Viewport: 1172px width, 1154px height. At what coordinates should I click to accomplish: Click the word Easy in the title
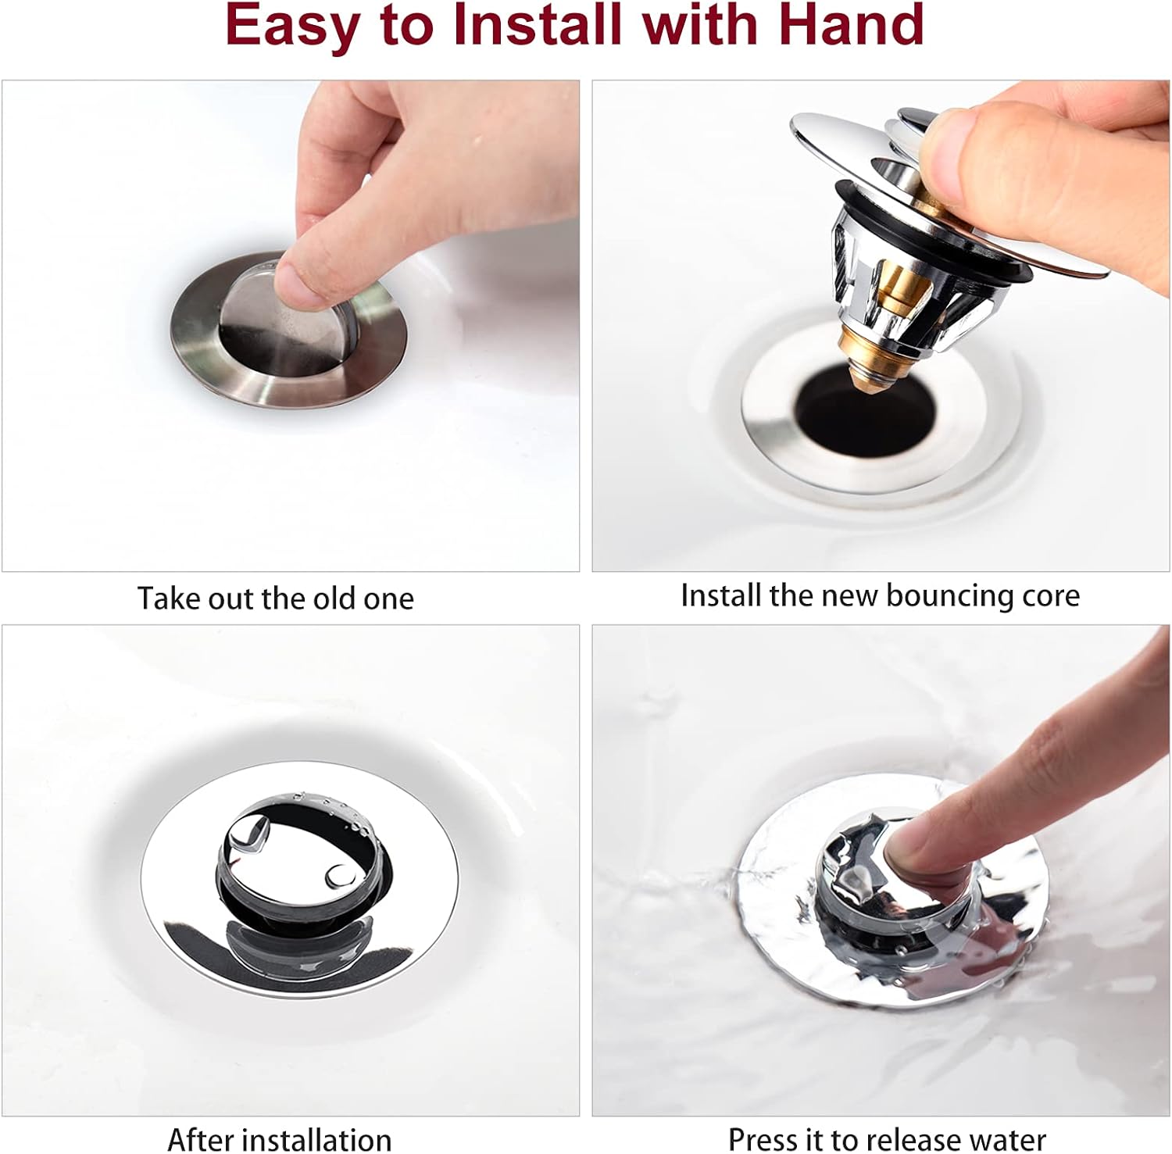[290, 26]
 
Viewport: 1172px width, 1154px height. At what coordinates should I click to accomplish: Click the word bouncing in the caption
[950, 596]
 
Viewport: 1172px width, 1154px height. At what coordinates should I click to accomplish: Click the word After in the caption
[198, 1139]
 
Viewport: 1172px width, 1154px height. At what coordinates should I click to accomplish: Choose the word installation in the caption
[314, 1139]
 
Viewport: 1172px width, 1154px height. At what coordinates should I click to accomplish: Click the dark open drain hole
[864, 412]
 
